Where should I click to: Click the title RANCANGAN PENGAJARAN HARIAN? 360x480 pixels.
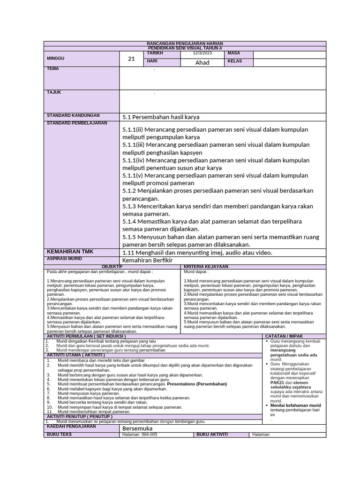[185, 44]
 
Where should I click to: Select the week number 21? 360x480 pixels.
[131, 59]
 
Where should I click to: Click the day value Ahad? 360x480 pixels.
[202, 63]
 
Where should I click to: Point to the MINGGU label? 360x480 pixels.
[56, 59]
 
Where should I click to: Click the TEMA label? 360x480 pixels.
[53, 69]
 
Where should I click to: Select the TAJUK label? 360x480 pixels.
[54, 92]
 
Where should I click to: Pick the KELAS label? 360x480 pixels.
[235, 61]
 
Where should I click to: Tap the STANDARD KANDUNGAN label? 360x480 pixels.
[73, 115]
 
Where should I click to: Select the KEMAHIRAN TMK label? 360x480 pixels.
[70, 252]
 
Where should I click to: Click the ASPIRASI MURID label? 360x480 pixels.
[64, 258]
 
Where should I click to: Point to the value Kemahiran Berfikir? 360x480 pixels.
[147, 260]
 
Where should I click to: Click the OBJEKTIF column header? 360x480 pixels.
[112, 266]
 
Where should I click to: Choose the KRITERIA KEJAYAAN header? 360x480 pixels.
[206, 266]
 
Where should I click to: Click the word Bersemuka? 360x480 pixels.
[137, 428]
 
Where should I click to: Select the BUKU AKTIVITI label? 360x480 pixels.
[212, 435]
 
